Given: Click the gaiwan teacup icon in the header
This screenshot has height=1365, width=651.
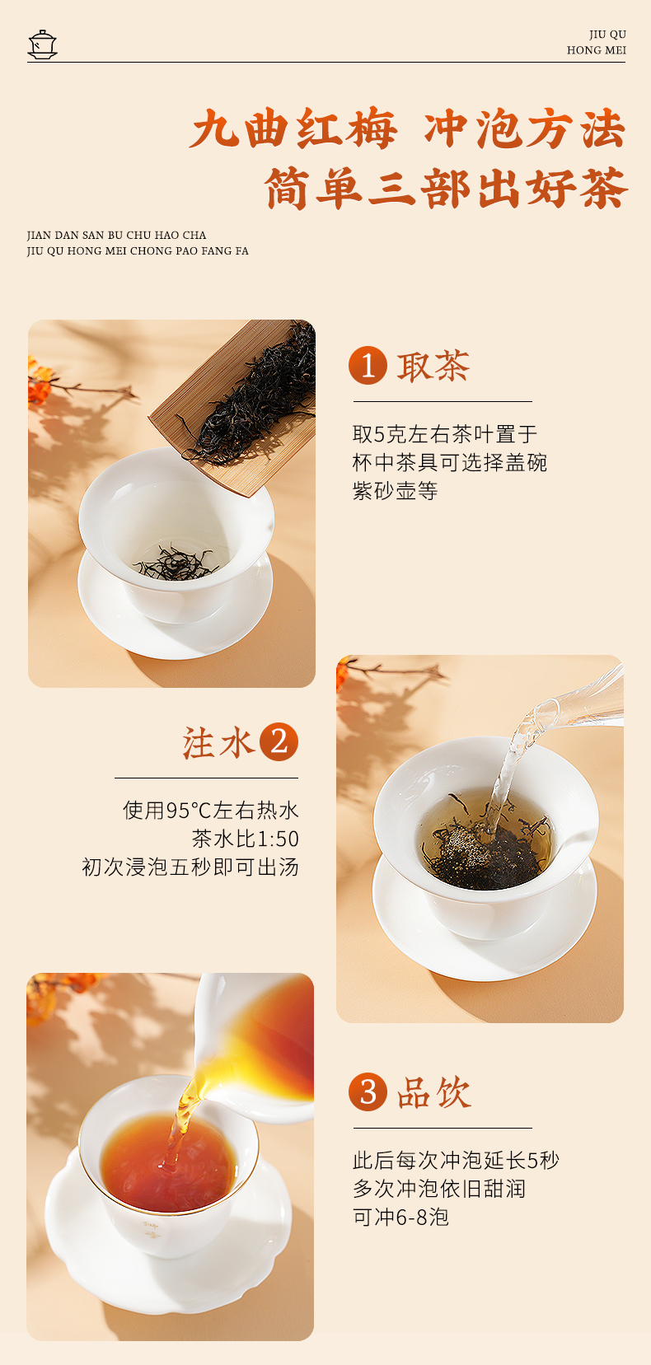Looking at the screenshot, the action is [x=43, y=44].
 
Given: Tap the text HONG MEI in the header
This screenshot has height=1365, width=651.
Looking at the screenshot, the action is [x=596, y=50].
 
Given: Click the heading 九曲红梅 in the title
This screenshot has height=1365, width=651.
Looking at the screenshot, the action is [x=293, y=129].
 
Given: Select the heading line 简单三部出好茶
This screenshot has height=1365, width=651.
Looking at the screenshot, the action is [x=446, y=189].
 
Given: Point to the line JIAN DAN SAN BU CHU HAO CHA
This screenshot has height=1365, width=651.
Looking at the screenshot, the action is [x=116, y=236].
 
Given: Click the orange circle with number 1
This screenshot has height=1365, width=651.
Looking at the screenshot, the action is [x=368, y=366].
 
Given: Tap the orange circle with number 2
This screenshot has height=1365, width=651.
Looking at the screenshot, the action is [x=279, y=742].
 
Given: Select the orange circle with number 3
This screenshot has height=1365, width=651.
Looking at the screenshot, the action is [x=368, y=1092].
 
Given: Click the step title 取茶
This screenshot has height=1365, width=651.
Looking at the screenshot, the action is [x=433, y=367].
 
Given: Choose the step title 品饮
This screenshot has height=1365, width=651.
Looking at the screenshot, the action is [x=433, y=1092].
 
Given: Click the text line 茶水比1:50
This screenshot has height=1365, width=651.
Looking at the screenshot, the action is [x=245, y=839].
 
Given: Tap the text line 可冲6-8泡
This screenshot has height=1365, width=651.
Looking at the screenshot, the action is [x=400, y=1217].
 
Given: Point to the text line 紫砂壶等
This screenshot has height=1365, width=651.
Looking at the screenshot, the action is [x=395, y=490].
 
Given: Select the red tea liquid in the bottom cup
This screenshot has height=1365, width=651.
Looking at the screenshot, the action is [x=169, y=1162].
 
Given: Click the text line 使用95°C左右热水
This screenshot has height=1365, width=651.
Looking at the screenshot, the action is [x=211, y=811].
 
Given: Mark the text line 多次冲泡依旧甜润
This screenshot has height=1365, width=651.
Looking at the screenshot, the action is [x=439, y=1189].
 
